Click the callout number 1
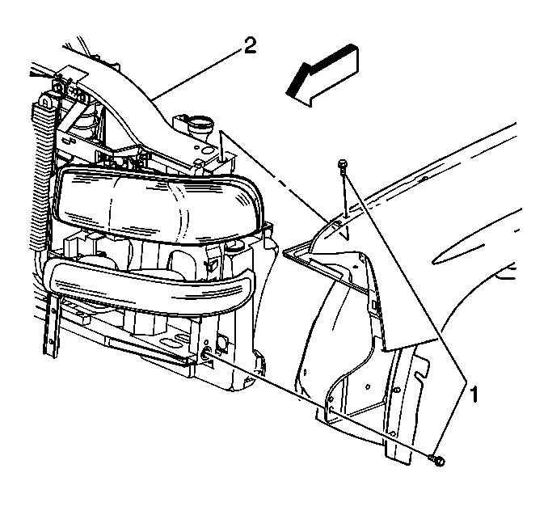tap(476, 395)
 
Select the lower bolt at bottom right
tap(436, 461)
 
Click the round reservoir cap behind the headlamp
tap(197, 125)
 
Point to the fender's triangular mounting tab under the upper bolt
tap(339, 226)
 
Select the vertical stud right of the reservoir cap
tap(221, 150)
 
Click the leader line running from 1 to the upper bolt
tap(404, 275)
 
